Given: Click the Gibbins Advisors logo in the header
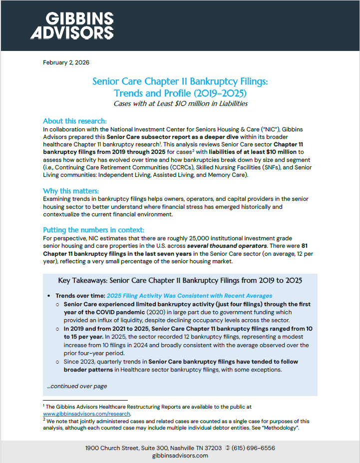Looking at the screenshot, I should click(72, 26).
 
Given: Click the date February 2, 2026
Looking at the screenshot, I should click(66, 62).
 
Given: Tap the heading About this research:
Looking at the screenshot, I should click(74, 121).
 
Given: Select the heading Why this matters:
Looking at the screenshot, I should click(71, 191).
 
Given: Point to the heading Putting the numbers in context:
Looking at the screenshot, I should click(93, 230).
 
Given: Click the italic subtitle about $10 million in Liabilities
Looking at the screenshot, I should click(180, 103).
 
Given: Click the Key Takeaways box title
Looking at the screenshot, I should click(180, 280).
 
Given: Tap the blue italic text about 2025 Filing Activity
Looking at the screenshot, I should click(189, 296).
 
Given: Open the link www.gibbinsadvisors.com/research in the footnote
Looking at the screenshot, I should click(87, 414).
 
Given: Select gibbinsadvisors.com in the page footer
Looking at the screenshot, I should click(180, 456).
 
